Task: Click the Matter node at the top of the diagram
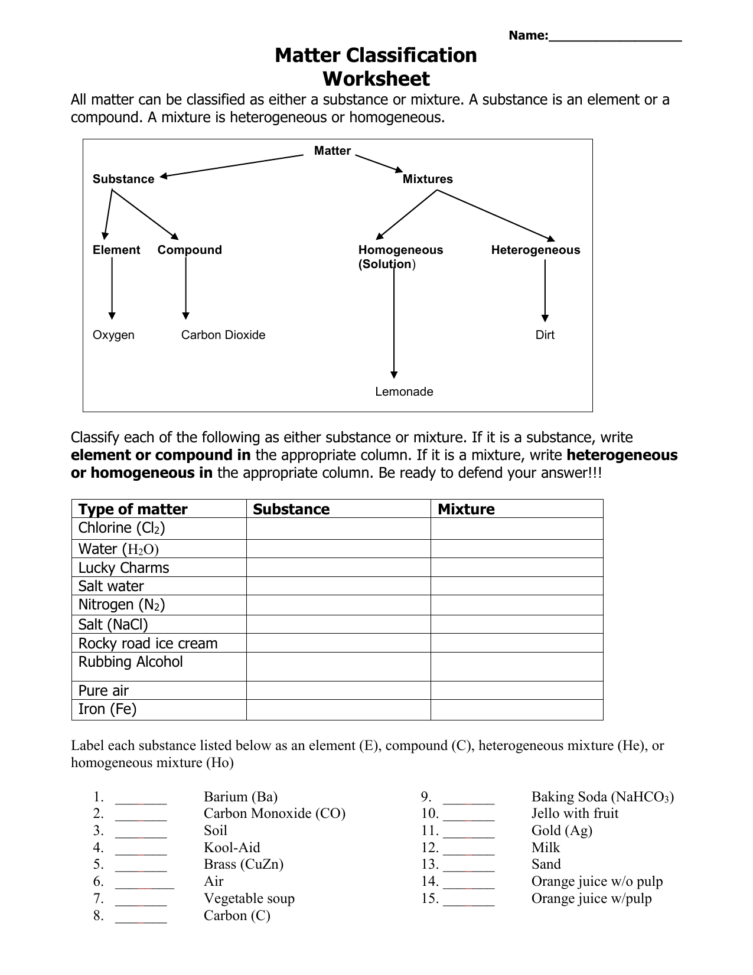(333, 151)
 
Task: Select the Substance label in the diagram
(123, 180)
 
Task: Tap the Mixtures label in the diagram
(428, 180)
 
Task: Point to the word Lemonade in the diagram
(404, 392)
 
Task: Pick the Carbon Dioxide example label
(223, 335)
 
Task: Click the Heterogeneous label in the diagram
(536, 250)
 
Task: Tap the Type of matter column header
(133, 509)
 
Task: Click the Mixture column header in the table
(466, 509)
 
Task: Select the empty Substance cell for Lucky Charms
(338, 568)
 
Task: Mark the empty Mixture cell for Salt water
(517, 586)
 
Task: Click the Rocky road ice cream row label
(148, 643)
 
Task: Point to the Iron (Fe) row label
(107, 709)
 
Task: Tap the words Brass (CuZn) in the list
(243, 865)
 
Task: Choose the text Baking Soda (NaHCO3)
(602, 797)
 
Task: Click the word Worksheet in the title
(376, 79)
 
